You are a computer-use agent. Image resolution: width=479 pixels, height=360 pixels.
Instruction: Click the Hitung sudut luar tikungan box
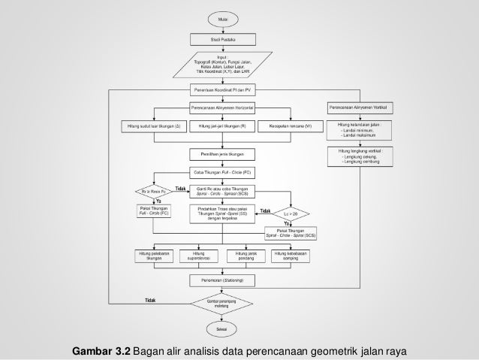(154, 126)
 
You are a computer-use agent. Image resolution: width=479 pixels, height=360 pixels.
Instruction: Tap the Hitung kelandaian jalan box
(359, 129)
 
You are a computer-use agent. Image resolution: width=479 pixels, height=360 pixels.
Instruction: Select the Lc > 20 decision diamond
(291, 213)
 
